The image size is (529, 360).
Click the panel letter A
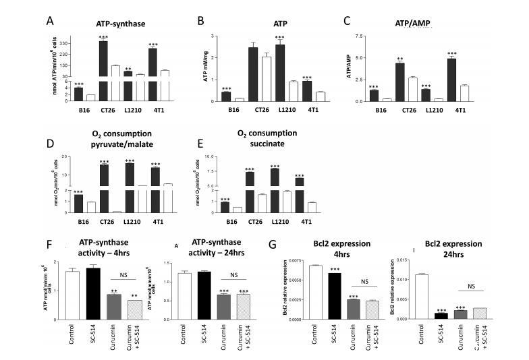click(50, 20)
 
